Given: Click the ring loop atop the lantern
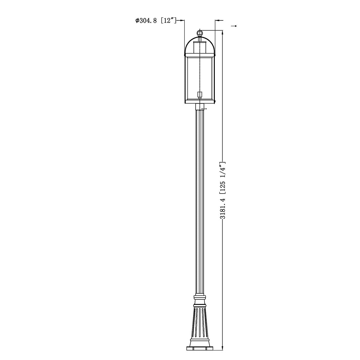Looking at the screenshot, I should (199, 32).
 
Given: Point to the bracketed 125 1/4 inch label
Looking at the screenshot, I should (222, 178).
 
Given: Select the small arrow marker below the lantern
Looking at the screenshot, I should (205, 109).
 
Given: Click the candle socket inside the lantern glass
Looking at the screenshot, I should (199, 95).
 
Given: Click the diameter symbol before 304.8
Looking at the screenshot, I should (137, 21).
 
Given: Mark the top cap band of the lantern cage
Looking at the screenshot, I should (199, 54).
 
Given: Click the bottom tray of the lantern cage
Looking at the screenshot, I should (199, 102).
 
